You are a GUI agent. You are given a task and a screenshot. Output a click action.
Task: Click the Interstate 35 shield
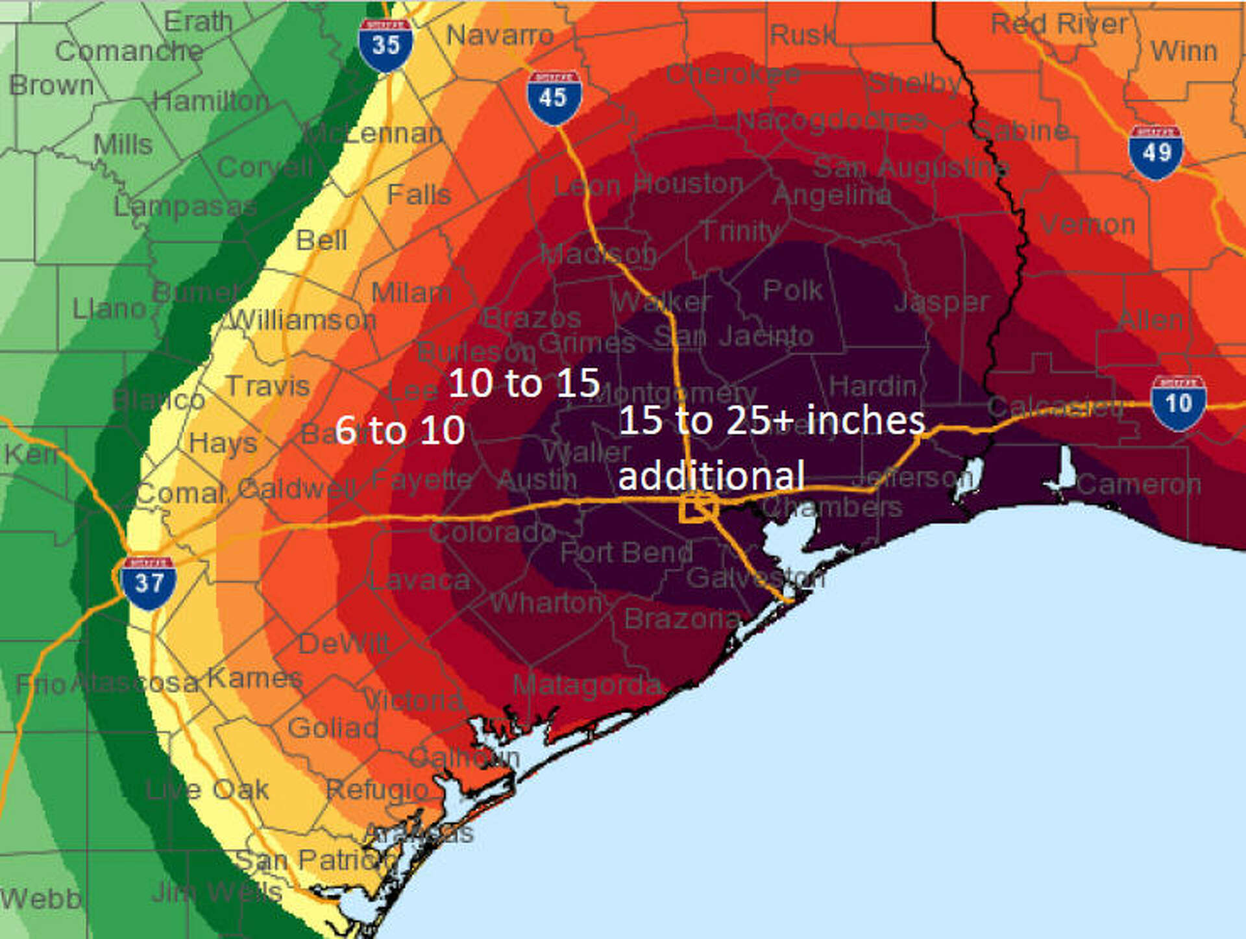(385, 45)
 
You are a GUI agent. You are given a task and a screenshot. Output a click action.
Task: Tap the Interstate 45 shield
(554, 98)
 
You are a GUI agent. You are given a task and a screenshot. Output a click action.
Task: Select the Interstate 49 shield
(1155, 152)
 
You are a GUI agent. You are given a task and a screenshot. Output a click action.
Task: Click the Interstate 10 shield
(1178, 403)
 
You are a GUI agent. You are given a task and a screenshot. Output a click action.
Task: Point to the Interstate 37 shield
(149, 583)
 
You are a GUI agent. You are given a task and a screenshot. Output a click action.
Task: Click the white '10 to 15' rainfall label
(524, 383)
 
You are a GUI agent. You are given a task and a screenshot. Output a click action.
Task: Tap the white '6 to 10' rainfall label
(400, 430)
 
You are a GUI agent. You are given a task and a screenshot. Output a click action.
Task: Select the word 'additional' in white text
(711, 476)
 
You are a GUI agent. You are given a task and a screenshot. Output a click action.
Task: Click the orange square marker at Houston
(698, 507)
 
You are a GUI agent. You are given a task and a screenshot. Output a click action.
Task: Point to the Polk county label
(792, 290)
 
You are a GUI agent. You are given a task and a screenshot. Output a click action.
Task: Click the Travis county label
(267, 387)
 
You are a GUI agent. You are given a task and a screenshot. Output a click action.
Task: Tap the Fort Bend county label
(626, 553)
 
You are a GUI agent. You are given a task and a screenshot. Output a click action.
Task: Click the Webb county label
(40, 899)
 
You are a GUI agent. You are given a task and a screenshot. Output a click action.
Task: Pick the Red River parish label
(1058, 25)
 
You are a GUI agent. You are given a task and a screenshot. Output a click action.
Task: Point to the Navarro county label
(500, 35)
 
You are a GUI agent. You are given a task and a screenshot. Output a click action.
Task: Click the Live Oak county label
(206, 790)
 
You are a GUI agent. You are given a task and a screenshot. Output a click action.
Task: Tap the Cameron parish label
(1139, 484)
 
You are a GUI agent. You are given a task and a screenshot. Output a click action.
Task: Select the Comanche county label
(128, 51)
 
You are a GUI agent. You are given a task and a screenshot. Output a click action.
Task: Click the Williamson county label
(299, 320)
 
